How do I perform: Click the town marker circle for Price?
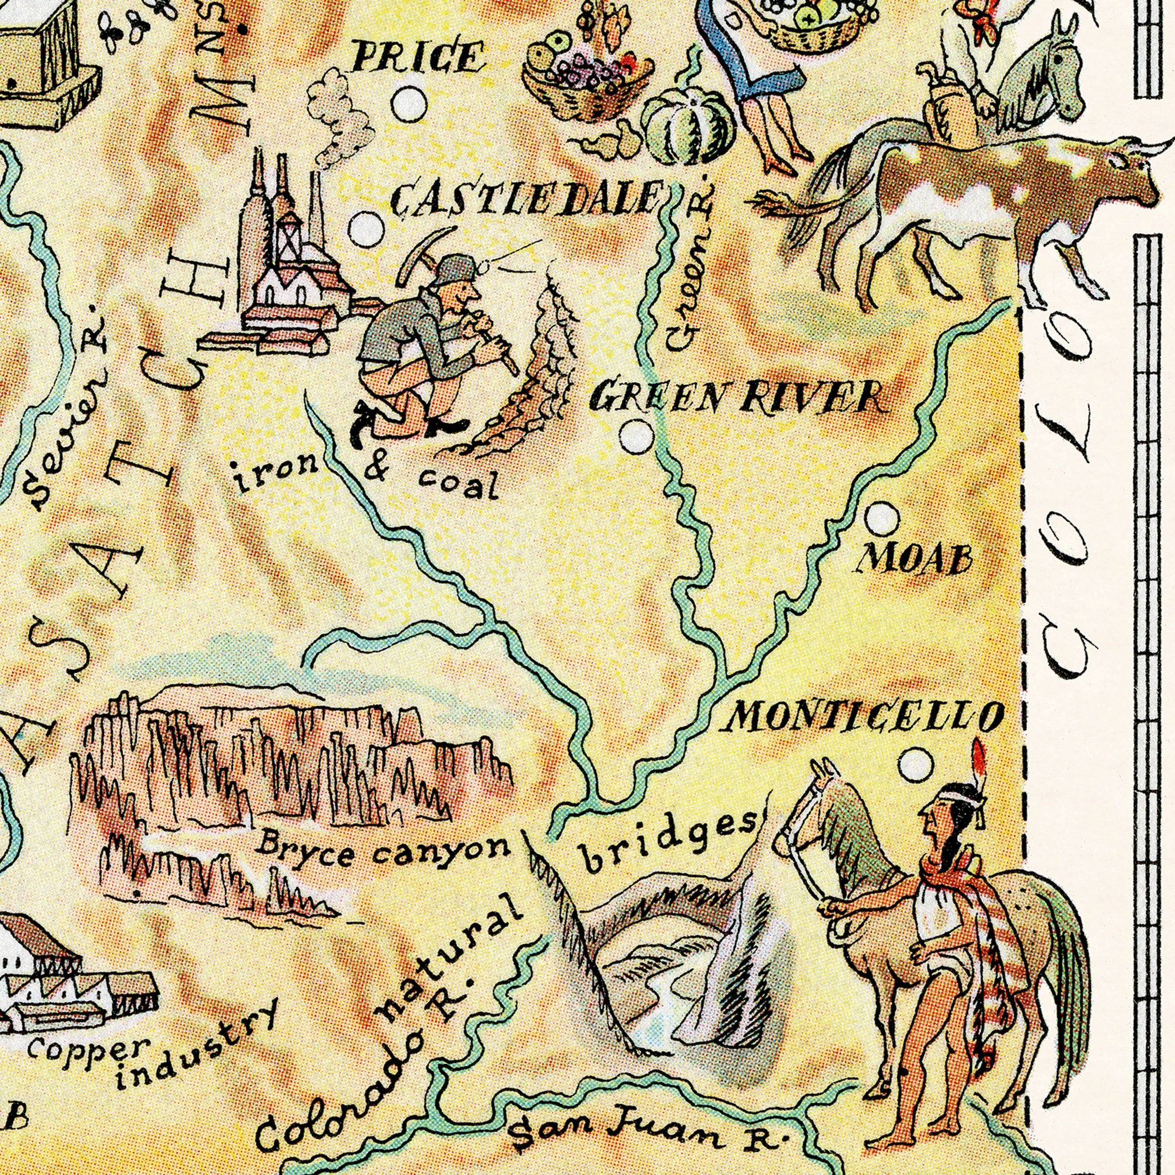click(x=409, y=105)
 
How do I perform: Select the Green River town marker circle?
click(x=637, y=437)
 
